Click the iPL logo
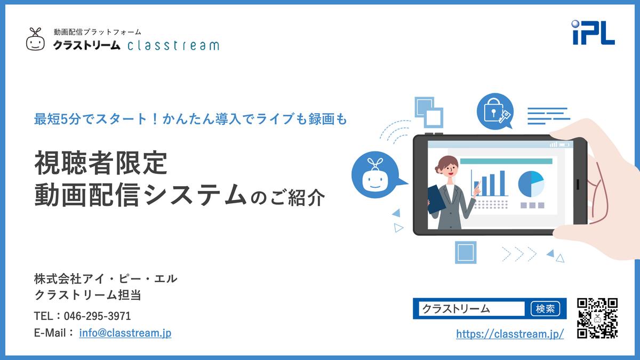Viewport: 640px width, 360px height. click(594, 33)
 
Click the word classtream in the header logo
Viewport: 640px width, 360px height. click(173, 45)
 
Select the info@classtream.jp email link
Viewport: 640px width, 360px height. click(125, 333)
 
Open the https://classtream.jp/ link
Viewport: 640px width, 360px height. click(510, 334)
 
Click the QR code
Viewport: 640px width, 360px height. click(597, 318)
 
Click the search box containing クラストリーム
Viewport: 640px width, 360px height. click(471, 309)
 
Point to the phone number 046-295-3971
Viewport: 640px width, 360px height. click(97, 316)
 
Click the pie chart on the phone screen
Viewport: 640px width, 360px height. click(531, 184)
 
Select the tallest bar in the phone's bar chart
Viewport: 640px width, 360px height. click(502, 183)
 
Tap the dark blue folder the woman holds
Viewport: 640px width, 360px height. click(436, 199)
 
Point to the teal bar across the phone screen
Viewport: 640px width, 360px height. click(506, 162)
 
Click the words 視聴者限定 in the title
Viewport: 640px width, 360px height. click(101, 163)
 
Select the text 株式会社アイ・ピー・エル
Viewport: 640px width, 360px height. click(106, 279)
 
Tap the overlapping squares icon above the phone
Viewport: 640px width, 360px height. click(429, 113)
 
